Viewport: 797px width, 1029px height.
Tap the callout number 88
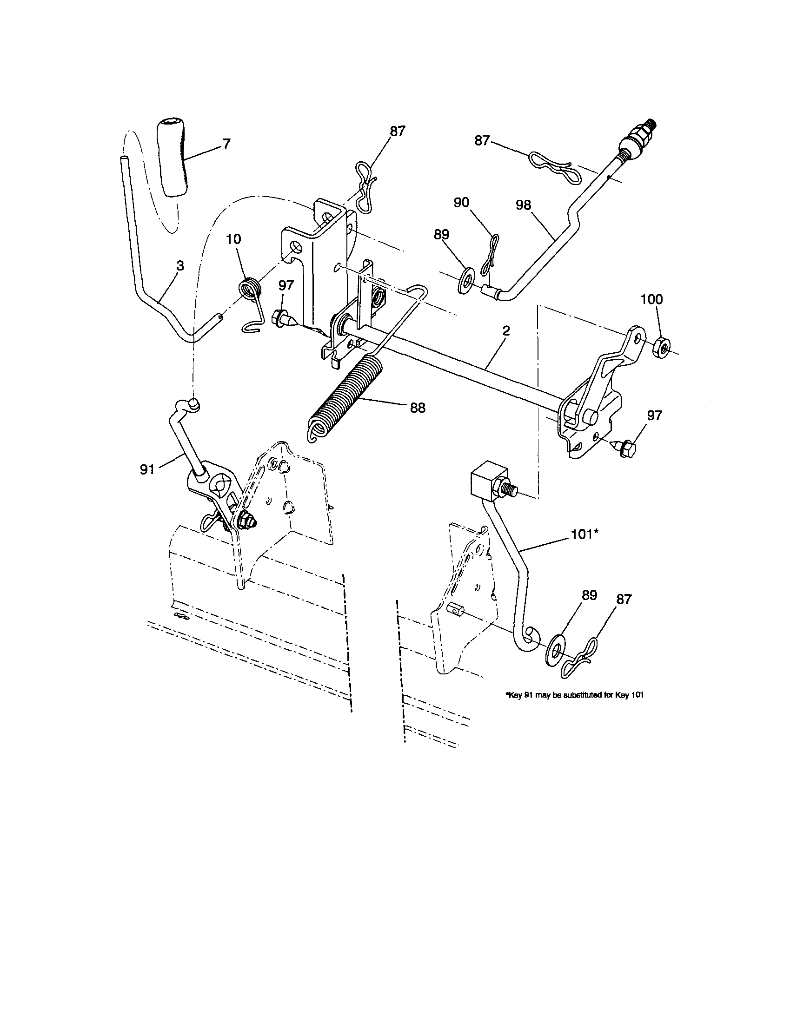418,408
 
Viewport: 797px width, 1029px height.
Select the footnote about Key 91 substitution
574,694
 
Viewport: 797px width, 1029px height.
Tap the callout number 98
524,204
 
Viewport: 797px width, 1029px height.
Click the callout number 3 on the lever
179,265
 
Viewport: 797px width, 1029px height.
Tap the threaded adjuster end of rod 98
637,138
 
